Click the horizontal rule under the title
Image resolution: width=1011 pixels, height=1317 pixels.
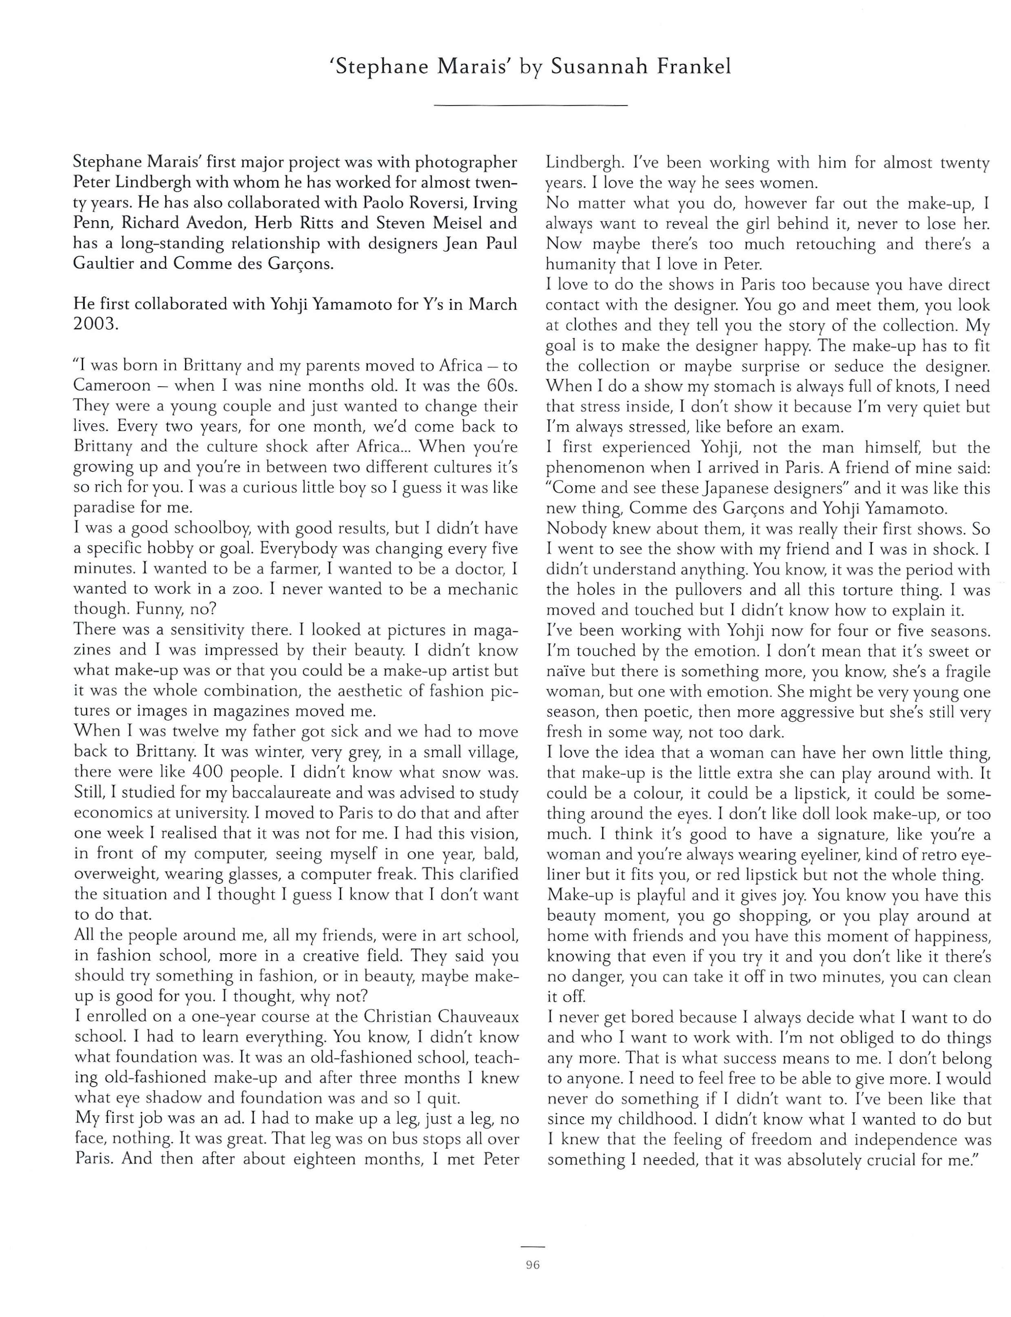[530, 106]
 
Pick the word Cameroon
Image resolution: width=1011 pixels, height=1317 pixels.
[112, 386]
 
